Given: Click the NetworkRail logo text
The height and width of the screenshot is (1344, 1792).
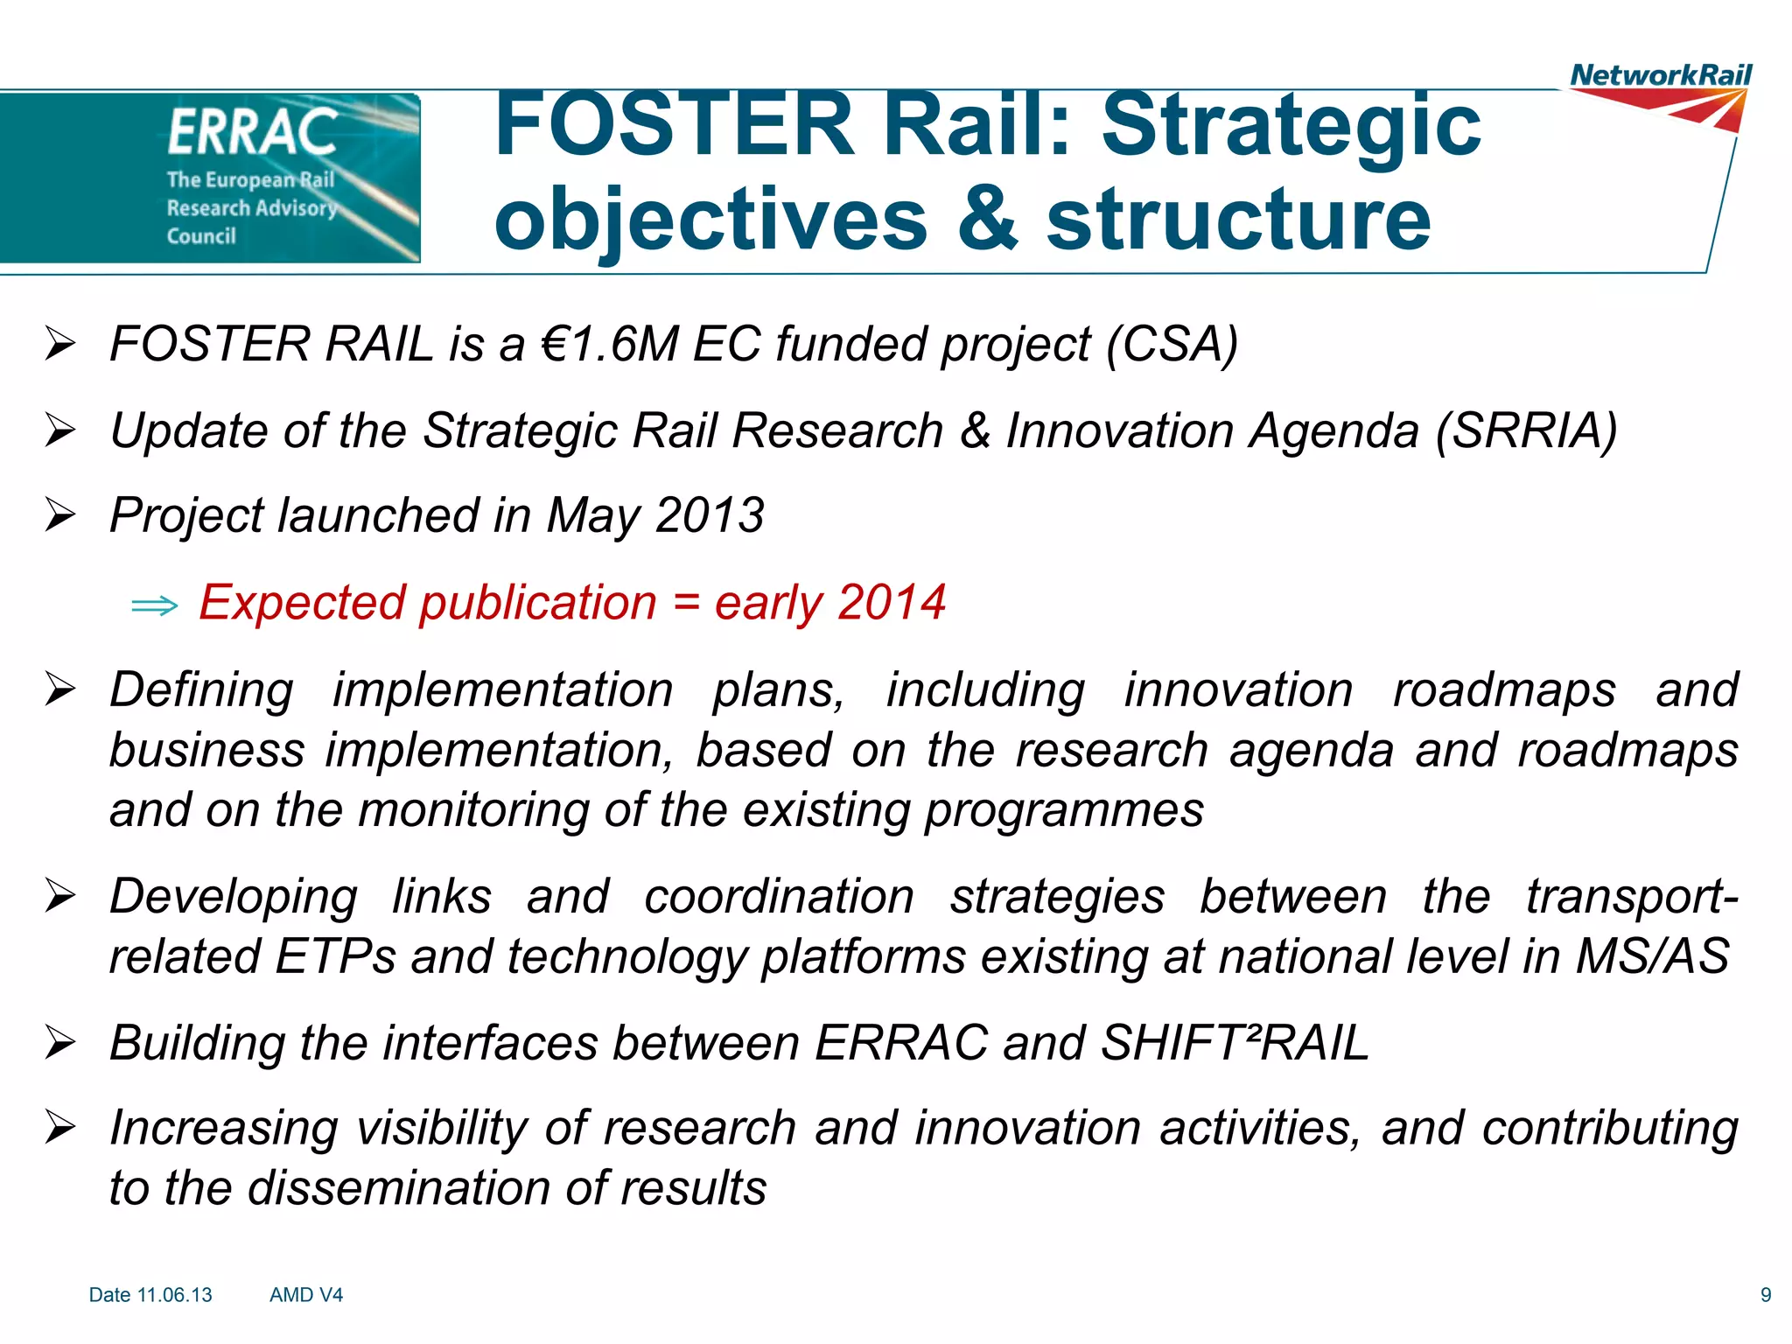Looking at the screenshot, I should (x=1660, y=75).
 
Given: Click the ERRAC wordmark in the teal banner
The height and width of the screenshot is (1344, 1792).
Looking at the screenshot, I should (x=253, y=133).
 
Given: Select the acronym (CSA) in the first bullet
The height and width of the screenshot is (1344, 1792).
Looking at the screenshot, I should (x=1172, y=343).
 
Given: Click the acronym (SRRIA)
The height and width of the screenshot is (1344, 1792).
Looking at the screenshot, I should (x=1526, y=430).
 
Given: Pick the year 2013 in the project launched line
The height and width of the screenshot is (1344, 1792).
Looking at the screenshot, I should (x=710, y=514).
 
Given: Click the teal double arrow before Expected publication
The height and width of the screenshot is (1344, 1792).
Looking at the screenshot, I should (x=154, y=605).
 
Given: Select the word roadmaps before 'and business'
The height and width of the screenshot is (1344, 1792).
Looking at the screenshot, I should (x=1503, y=689).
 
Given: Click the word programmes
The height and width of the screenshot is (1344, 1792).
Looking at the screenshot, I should (x=1064, y=810).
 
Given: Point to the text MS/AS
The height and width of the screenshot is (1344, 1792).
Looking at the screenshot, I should (x=1652, y=955).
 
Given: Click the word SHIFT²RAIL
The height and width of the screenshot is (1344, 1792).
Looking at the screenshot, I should (x=1234, y=1043).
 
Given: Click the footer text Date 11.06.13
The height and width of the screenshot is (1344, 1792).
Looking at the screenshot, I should (x=150, y=1295).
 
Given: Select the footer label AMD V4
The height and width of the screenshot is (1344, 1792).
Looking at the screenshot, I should (x=306, y=1295).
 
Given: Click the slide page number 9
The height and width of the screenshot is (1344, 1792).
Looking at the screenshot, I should (x=1766, y=1295).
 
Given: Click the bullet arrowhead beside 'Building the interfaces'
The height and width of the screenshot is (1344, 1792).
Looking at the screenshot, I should (x=60, y=1043).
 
